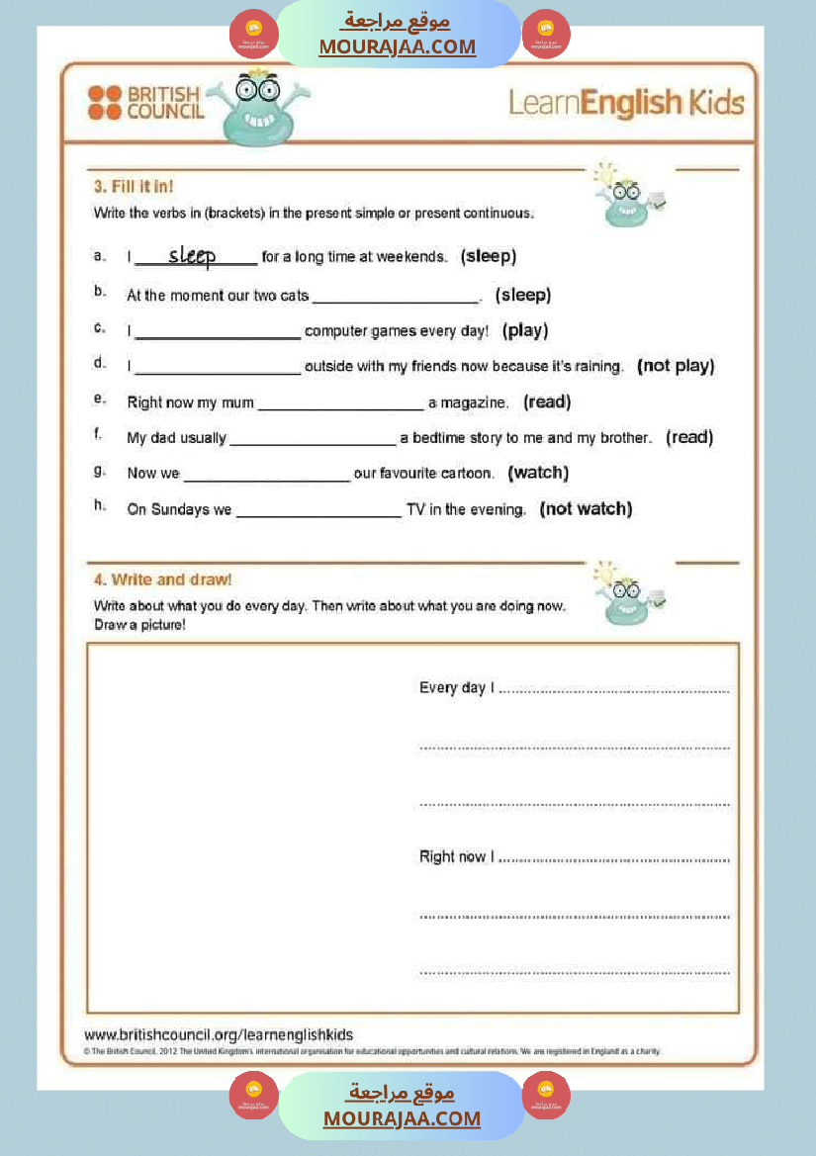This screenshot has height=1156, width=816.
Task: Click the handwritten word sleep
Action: tap(192, 256)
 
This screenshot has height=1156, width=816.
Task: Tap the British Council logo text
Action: tap(165, 103)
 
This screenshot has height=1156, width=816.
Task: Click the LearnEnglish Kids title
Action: tap(625, 102)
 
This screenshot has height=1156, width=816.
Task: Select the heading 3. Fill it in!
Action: tap(134, 186)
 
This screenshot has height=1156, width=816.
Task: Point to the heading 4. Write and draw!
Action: tap(163, 579)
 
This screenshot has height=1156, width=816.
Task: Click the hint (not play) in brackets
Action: tap(676, 366)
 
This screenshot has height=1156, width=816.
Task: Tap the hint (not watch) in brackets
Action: tap(586, 509)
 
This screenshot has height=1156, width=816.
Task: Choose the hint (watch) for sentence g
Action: tap(538, 473)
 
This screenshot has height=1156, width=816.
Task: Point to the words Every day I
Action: tap(457, 687)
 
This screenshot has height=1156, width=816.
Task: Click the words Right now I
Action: tap(457, 856)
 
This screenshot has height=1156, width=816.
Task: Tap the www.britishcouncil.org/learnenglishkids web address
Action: tap(219, 1034)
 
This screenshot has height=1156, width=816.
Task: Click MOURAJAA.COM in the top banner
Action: tap(397, 46)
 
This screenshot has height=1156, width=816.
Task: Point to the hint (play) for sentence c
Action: tap(524, 330)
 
